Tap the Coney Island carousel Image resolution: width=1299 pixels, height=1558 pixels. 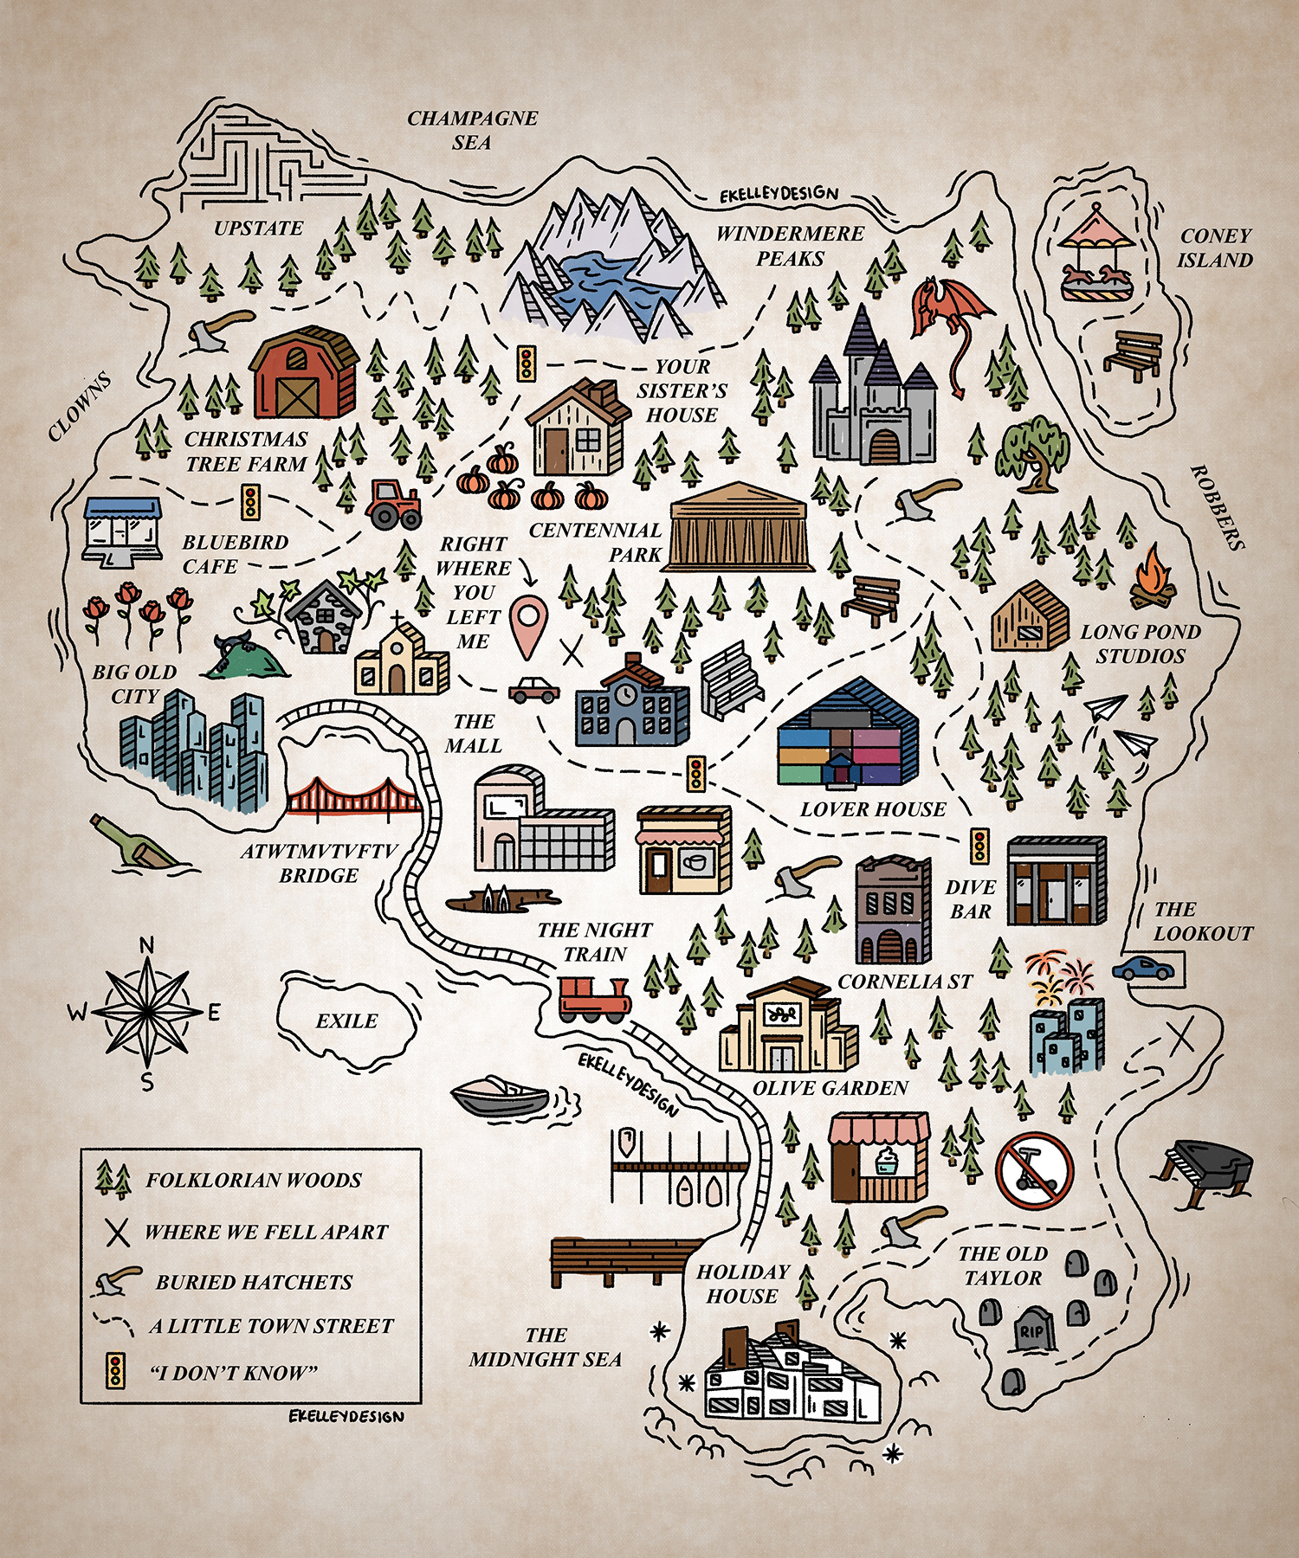1099,254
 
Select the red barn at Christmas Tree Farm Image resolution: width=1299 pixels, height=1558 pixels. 304,373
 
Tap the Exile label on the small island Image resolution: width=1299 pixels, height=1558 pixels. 346,1021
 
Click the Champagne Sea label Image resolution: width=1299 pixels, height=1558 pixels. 473,130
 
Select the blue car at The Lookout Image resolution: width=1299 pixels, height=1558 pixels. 1143,968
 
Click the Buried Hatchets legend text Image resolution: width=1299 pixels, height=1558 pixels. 254,1282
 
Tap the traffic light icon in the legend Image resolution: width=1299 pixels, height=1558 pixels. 114,1372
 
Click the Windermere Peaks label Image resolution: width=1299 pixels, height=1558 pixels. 790,246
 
